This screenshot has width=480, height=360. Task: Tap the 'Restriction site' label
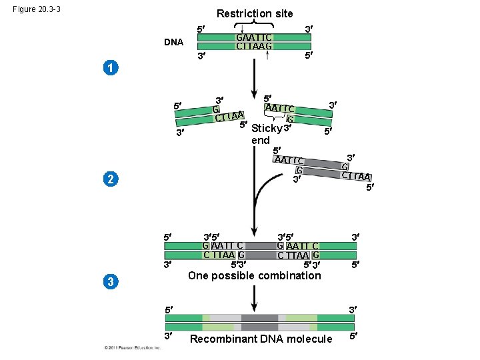click(254, 13)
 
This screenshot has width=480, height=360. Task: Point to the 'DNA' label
click(173, 42)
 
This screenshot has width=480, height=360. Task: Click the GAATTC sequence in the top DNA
click(254, 37)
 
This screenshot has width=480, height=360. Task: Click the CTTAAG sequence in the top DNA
click(254, 47)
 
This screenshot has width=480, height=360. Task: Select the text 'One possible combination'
click(254, 276)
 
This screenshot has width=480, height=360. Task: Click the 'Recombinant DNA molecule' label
click(261, 339)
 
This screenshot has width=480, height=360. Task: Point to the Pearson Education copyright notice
click(133, 348)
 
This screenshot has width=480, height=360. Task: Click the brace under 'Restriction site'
click(254, 24)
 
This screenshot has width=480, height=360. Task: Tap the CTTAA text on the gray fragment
click(356, 176)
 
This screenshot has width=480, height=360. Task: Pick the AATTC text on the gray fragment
click(289, 160)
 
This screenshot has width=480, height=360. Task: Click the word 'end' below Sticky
click(261, 140)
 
